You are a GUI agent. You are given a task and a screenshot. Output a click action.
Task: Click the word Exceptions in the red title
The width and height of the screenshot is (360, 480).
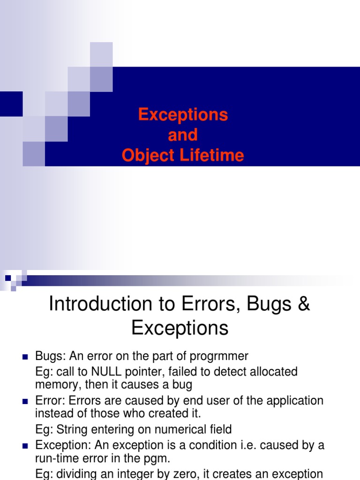183,115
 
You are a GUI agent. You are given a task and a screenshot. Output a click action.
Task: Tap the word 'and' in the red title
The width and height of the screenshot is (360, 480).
183,135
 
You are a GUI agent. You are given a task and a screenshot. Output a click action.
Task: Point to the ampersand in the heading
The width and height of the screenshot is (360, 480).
303,304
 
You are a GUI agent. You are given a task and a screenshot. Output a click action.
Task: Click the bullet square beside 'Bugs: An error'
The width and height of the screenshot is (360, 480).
25,357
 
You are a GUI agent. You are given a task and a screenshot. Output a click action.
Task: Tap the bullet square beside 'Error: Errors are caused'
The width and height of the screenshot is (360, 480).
25,402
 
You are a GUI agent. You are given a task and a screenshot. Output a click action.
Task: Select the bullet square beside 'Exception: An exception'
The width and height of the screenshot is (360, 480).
25,445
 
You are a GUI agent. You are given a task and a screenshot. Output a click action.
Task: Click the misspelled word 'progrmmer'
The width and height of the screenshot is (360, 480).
219,357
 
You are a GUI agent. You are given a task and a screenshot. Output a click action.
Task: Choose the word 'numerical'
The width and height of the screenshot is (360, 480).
183,429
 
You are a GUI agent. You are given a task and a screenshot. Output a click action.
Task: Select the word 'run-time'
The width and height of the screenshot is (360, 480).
55,458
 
